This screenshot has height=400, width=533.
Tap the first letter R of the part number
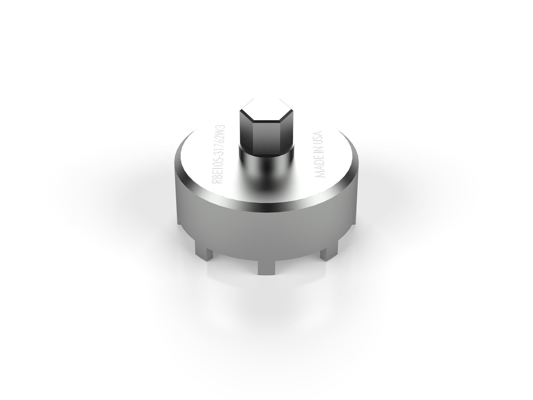(215, 182)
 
